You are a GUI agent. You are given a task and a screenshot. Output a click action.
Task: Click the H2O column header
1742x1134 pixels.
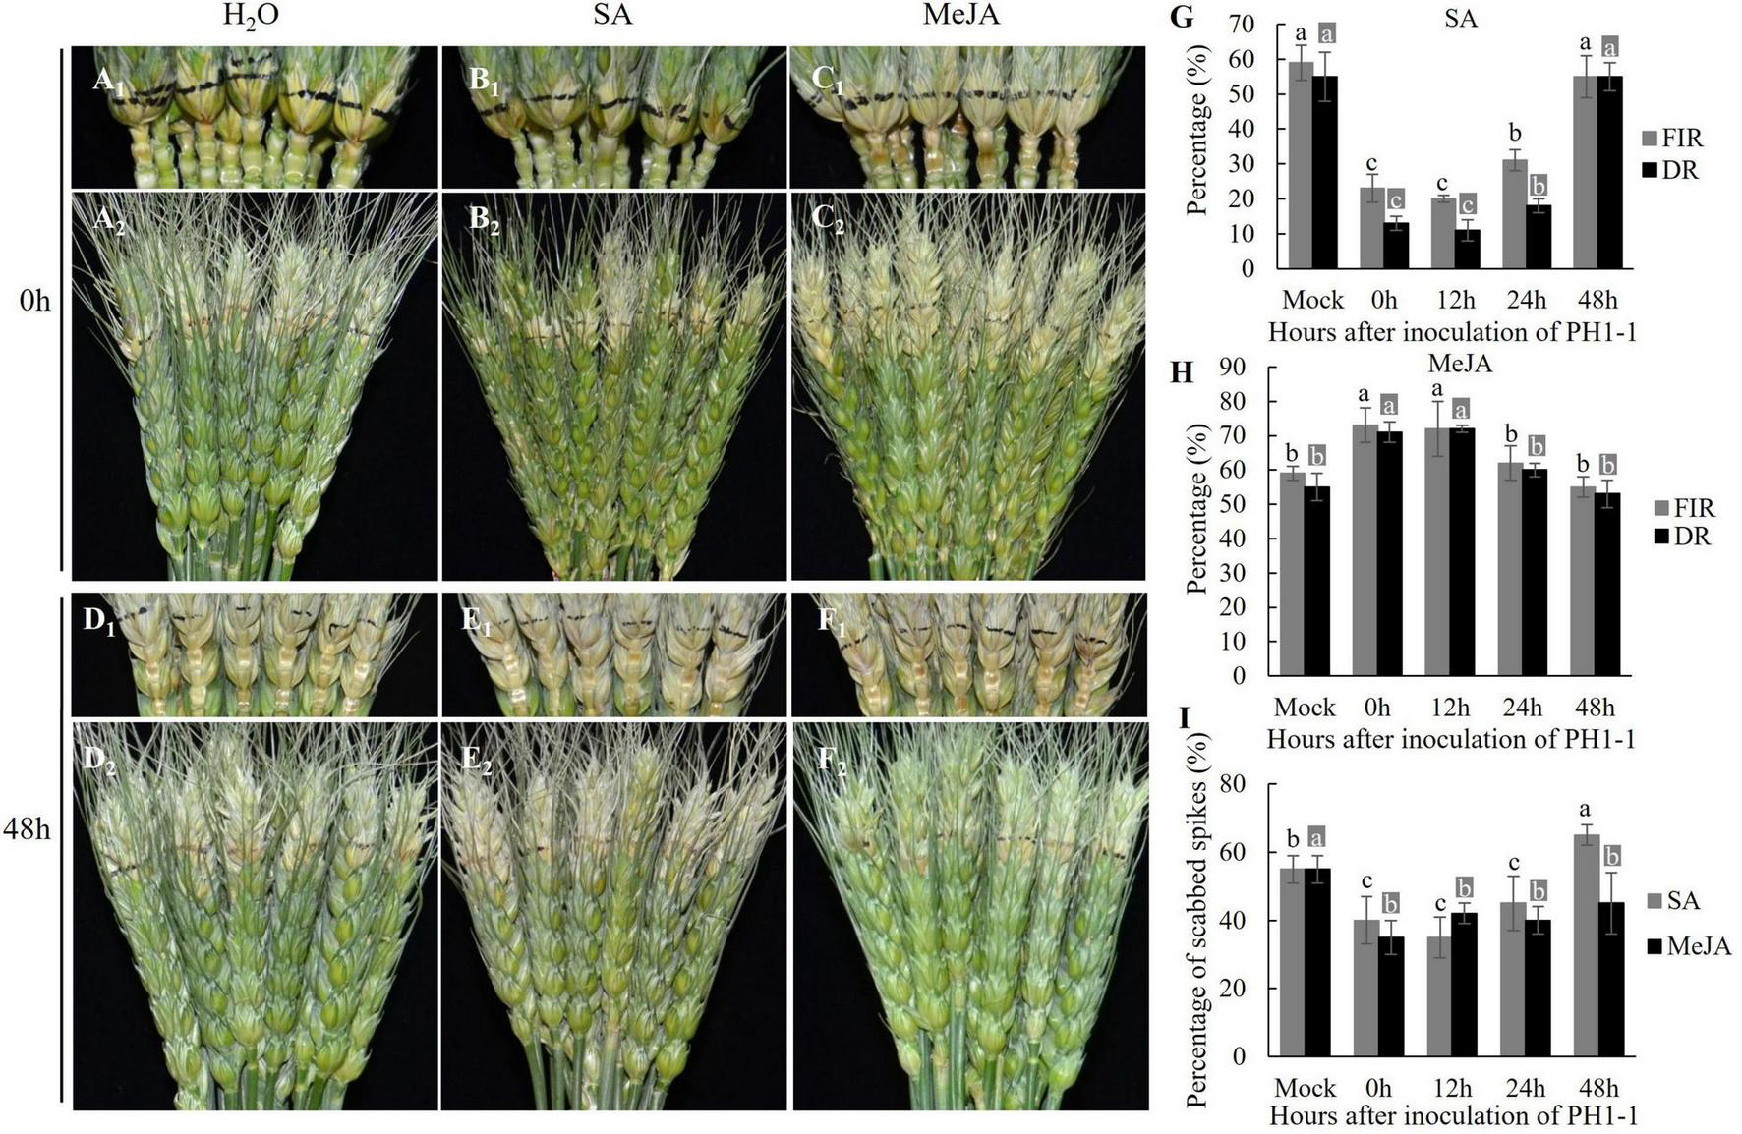(251, 18)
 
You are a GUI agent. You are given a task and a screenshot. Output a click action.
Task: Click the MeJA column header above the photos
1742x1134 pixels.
(961, 16)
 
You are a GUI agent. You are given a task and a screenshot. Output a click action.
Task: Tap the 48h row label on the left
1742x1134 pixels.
(27, 828)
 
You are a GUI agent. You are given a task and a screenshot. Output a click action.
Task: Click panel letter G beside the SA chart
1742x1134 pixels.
(1184, 17)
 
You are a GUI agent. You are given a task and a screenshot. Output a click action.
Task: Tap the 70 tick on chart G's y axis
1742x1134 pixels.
(1246, 25)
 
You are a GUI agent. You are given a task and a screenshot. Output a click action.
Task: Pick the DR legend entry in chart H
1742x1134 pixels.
(1682, 537)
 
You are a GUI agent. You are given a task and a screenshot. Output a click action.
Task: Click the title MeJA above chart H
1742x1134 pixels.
(1460, 364)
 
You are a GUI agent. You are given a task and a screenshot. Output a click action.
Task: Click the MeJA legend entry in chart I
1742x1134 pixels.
(1690, 946)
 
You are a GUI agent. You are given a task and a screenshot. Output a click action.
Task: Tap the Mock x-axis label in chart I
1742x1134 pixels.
(1305, 1088)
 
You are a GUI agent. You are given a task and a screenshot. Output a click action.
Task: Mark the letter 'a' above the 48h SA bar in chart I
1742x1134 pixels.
(1585, 810)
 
